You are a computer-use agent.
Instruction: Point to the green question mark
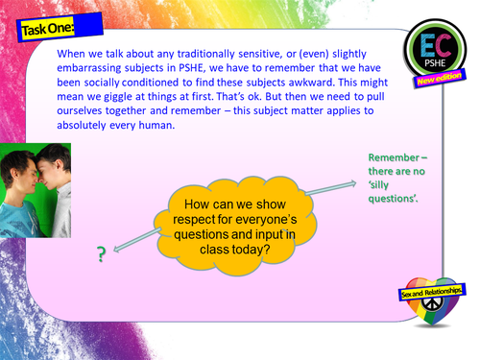coord(99,254)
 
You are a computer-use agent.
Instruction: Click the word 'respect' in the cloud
coord(196,219)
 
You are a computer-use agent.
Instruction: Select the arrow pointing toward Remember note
coord(325,179)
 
